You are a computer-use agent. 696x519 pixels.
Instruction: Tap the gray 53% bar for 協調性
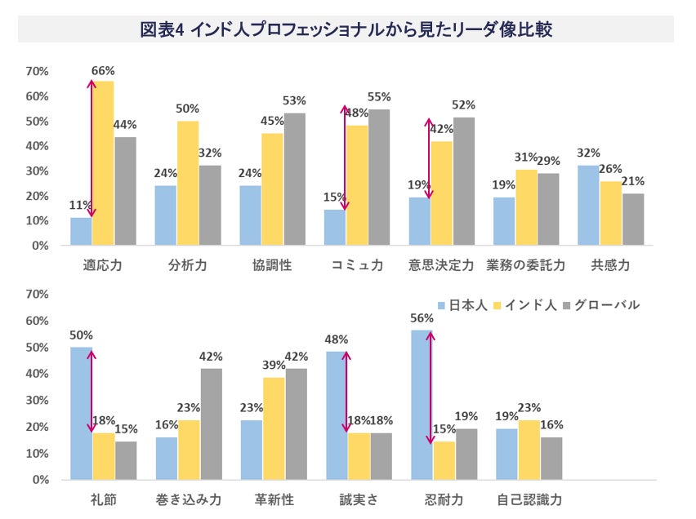coord(294,179)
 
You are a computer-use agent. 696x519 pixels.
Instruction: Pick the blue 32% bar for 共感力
coord(588,205)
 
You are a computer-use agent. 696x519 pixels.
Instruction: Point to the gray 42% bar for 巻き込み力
coord(211,424)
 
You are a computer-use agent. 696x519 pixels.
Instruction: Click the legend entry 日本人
coord(463,305)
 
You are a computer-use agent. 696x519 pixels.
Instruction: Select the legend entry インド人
coord(532,305)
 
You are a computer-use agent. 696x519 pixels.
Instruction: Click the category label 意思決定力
coord(441,266)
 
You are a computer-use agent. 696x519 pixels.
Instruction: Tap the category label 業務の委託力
coord(525,266)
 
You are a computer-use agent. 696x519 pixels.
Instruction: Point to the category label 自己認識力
coord(529,499)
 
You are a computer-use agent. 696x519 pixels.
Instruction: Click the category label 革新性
coord(274,499)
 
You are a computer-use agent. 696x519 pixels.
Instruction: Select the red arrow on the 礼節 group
coord(91,392)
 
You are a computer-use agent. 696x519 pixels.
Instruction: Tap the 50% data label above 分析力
coord(188,109)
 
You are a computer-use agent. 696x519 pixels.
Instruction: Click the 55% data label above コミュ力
coord(379,96)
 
